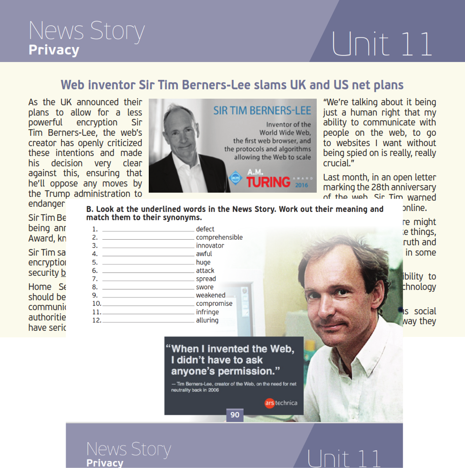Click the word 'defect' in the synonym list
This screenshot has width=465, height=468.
click(x=205, y=229)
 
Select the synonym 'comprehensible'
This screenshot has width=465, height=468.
click(x=219, y=238)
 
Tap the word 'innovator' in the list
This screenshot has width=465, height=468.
click(x=210, y=246)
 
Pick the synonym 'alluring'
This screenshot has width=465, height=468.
click(x=207, y=320)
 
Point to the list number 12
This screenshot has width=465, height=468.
click(x=96, y=320)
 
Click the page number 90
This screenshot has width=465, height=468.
click(x=235, y=415)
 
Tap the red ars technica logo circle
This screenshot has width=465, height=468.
click(x=269, y=403)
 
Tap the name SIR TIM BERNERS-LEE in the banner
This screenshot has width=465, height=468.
click(x=262, y=111)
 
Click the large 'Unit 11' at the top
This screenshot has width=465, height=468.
click(x=381, y=44)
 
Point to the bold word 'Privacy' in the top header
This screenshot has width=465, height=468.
click(x=54, y=50)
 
